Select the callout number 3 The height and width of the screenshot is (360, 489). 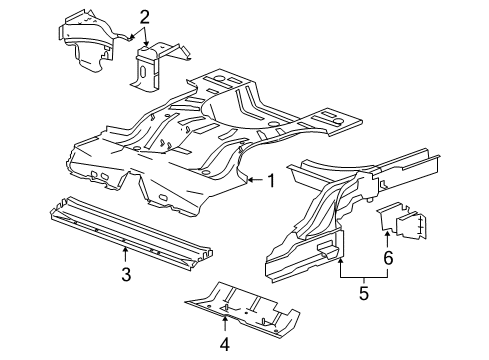coord(125,274)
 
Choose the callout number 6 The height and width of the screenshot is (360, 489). coord(388,258)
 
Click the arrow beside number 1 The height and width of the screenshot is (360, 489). coord(254,181)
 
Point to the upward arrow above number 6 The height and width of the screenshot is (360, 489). coord(388,238)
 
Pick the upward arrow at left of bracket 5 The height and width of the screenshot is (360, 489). coord(342,262)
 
